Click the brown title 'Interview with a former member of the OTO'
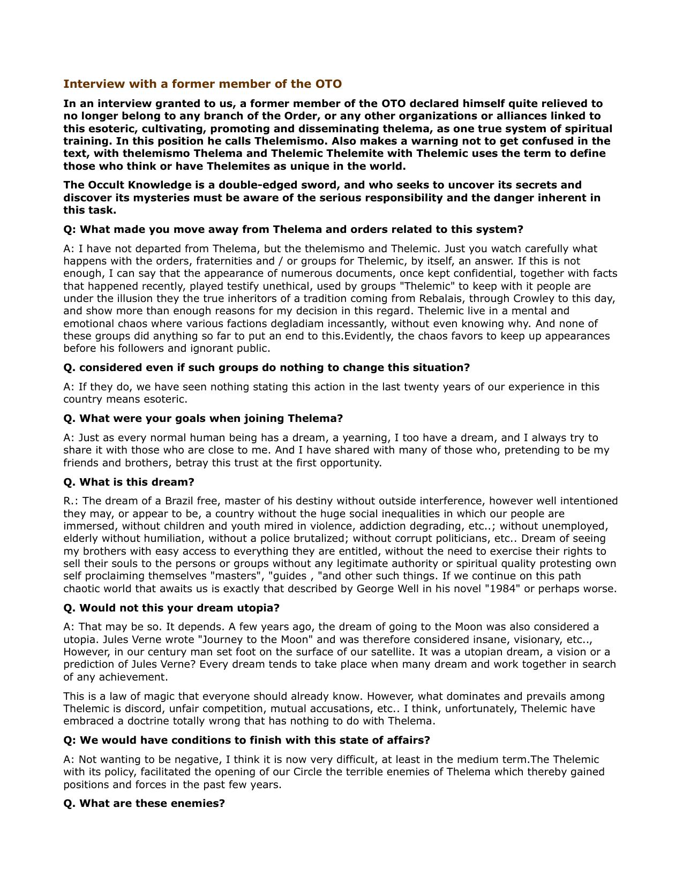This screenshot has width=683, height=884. coord(202,84)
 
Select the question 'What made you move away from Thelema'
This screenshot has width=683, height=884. coord(293,230)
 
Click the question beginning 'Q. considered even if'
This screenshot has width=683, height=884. coord(266,368)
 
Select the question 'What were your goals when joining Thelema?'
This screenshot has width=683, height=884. coord(203,419)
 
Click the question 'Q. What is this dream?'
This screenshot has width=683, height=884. coord(129,482)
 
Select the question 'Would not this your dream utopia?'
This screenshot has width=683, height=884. coord(171,608)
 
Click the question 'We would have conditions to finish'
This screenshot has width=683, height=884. coord(246,741)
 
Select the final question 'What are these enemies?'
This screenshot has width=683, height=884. coord(144,804)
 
